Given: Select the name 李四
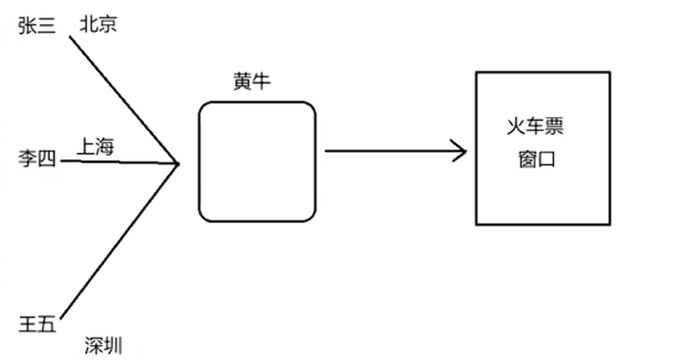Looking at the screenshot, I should point(36,159).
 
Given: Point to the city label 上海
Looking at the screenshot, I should point(96,147).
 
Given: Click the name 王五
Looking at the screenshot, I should point(36,324).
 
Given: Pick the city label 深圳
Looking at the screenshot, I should point(103,346).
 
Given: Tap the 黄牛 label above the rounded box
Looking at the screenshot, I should point(251,84).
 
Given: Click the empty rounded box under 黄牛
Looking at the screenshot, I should point(257,161).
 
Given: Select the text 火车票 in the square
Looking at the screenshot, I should point(534,128).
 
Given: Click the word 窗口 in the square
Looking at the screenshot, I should point(534,158).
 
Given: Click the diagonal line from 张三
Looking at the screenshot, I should point(122,96).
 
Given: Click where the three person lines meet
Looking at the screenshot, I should point(178,163).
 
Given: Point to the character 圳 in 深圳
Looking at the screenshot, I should point(113,346).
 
